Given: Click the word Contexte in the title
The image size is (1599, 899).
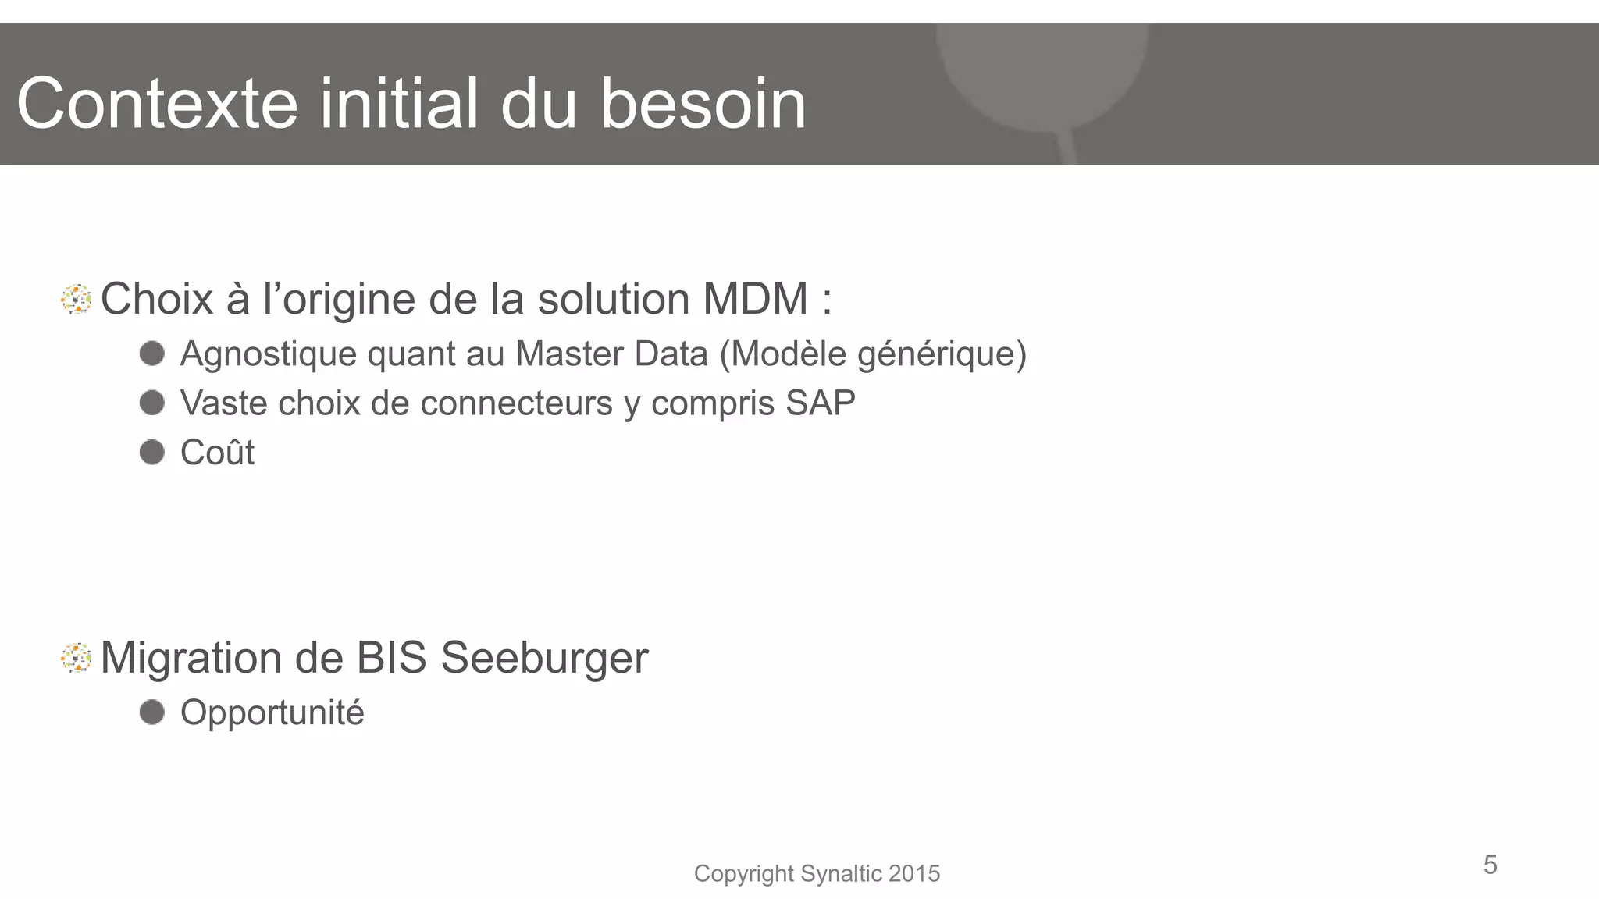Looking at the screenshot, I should (x=157, y=104).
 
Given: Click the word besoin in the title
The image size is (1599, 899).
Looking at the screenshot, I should (x=703, y=104).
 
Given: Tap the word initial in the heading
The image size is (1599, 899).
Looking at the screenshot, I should (x=398, y=104).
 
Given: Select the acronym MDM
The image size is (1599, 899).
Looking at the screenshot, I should (x=755, y=299).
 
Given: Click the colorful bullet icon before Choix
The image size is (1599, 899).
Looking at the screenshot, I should (x=77, y=300).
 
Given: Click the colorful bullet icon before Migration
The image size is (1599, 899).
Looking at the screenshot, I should (x=77, y=658).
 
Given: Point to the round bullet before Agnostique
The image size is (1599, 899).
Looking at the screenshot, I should (x=152, y=354).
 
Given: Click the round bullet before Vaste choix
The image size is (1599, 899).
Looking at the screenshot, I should (x=152, y=403).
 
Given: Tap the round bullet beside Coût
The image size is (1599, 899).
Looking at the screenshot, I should (x=152, y=452).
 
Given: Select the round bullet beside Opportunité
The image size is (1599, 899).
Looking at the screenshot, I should (x=152, y=712).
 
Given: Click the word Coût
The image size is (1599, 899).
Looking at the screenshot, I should (x=217, y=453).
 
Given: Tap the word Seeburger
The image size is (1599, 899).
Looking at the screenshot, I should (x=544, y=658).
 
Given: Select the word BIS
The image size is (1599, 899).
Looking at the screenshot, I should (x=391, y=658).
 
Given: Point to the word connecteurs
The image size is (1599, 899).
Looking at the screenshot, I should (x=516, y=403).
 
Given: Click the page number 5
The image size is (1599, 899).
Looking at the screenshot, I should (x=1490, y=865).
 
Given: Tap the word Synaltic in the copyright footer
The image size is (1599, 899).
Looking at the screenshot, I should (x=842, y=873).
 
